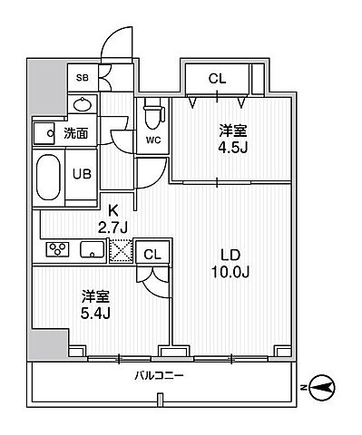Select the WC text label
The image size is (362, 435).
(x=152, y=140)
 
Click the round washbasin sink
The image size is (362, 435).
(x=81, y=105)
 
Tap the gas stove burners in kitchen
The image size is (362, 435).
(x=56, y=249)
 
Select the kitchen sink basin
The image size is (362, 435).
(x=92, y=249)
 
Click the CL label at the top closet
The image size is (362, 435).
(x=217, y=79)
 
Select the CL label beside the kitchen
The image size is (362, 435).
(x=152, y=255)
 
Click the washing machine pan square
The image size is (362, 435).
(x=44, y=134)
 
